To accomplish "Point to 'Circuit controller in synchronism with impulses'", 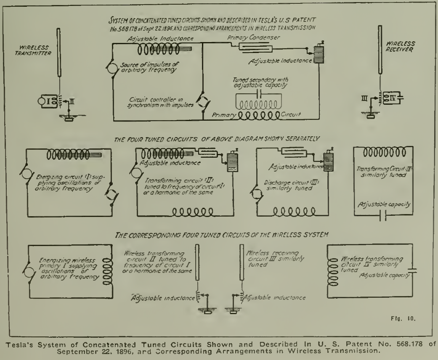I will tap(162, 102).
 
